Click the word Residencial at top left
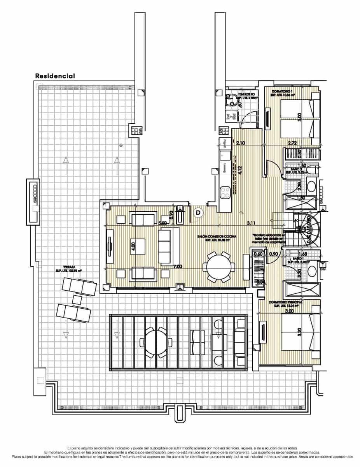pyautogui.click(x=55, y=76)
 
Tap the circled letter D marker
pyautogui.click(x=198, y=212)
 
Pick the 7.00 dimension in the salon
pyautogui.click(x=178, y=267)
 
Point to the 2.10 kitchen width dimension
pyautogui.click(x=240, y=143)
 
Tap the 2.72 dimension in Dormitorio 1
pyautogui.click(x=292, y=143)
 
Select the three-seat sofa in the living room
pyautogui.click(x=165, y=246)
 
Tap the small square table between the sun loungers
pyautogui.click(x=77, y=300)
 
